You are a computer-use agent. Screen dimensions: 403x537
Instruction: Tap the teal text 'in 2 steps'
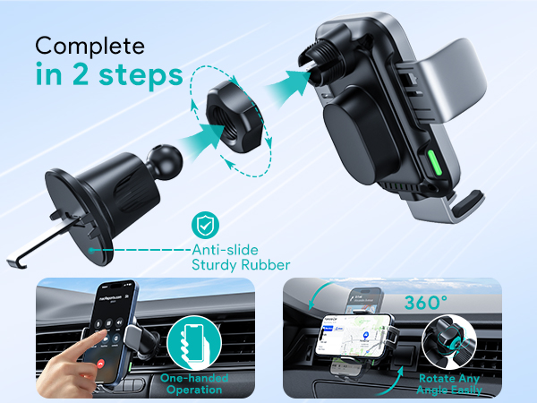tap(105, 74)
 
